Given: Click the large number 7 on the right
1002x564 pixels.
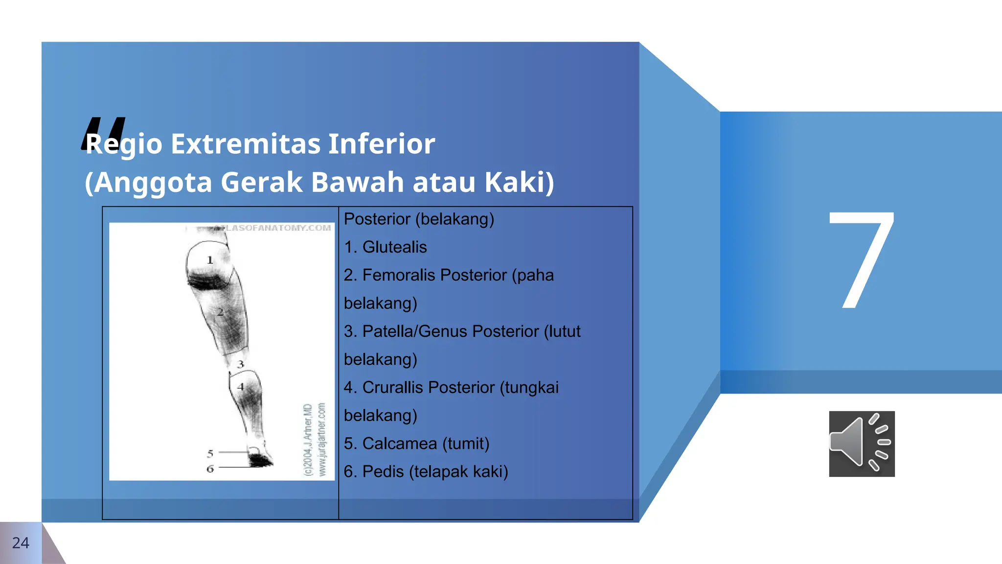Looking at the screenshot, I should tap(862, 260).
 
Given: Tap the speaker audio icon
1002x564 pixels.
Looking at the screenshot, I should tap(862, 444).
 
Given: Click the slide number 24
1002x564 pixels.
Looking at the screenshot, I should tap(21, 543).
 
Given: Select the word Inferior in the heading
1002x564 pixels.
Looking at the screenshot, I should tap(381, 144).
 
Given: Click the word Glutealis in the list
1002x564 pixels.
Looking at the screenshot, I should tap(394, 247).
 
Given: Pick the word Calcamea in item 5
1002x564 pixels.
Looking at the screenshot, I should tap(399, 444).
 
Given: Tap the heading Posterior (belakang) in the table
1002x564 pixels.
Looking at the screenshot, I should tap(419, 219).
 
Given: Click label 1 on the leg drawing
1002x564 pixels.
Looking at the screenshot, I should tap(210, 260).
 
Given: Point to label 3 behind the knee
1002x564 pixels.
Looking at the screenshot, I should tap(240, 364).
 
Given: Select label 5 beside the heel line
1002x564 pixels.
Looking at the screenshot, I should tap(210, 453).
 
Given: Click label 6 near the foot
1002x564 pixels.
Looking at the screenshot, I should tap(210, 469).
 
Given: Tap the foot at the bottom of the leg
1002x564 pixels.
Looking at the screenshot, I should tap(260, 460).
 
